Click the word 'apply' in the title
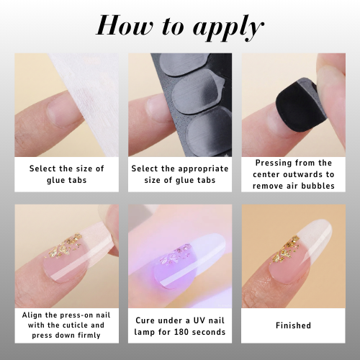coord(228,28)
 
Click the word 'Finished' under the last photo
coord(293,325)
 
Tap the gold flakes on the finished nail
coord(287,248)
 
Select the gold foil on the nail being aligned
coord(65,245)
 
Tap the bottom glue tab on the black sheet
coord(209,131)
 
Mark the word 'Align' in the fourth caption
coord(32,315)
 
